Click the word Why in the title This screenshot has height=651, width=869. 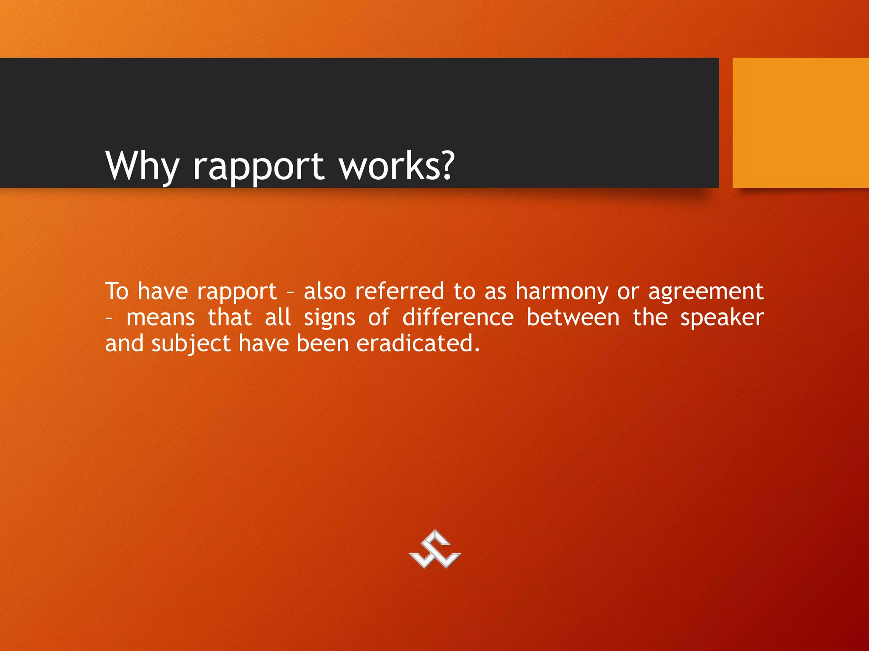(x=143, y=166)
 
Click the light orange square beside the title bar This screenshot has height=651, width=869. (x=800, y=122)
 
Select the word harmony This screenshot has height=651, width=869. (x=562, y=292)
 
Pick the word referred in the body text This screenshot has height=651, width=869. (x=399, y=292)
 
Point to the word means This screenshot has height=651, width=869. (x=160, y=318)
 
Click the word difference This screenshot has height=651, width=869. (x=458, y=317)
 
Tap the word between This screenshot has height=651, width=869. (x=573, y=317)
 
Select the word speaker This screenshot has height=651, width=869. (x=722, y=318)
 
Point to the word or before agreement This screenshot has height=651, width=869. (x=628, y=292)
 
